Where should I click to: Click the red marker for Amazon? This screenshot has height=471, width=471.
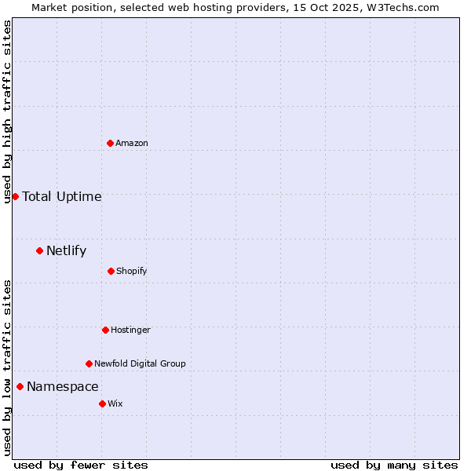tap(110, 143)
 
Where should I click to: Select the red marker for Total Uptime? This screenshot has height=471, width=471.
tap(15, 196)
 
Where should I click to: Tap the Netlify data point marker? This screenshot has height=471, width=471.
tap(39, 250)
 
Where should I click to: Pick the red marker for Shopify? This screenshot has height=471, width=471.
tap(111, 271)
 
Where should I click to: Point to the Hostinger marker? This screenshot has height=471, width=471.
tap(105, 330)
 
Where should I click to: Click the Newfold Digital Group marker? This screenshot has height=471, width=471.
tap(89, 363)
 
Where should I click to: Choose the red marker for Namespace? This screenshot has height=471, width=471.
tap(20, 386)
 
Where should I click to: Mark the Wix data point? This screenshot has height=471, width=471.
tap(102, 403)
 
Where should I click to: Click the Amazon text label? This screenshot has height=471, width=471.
tap(132, 143)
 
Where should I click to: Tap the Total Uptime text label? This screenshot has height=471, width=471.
tap(62, 196)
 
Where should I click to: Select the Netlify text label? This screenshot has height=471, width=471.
tap(67, 251)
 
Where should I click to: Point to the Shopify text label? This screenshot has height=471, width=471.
tap(132, 271)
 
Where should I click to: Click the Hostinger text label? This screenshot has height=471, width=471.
tap(130, 330)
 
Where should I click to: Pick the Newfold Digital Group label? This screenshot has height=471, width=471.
tap(141, 363)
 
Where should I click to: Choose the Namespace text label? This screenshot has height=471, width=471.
tap(63, 386)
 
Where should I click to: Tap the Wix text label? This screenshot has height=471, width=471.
tap(115, 403)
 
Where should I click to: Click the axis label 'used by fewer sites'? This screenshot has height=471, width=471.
tap(81, 465)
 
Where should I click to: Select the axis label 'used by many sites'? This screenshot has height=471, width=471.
tap(394, 465)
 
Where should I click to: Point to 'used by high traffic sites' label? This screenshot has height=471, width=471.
tap(7, 111)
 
